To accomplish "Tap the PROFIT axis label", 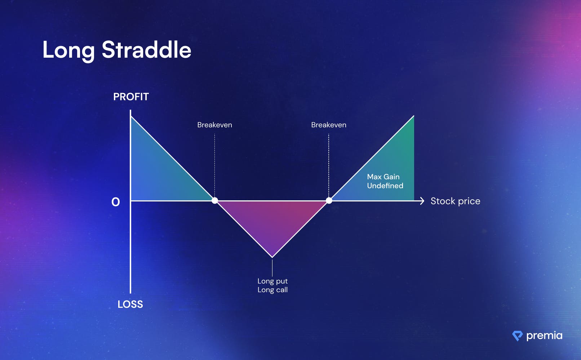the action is (131, 97).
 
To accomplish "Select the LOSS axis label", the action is (130, 304).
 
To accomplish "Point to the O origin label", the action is (116, 202).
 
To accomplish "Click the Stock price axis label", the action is (456, 201).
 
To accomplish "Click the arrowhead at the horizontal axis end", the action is (422, 201).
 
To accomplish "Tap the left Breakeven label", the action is (215, 125).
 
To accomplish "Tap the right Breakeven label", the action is (329, 125).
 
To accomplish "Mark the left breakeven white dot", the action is (215, 200).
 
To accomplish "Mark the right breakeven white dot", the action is (329, 200).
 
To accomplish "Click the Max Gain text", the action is (383, 177).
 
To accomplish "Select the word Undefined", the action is (385, 186).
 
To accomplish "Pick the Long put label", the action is (272, 281).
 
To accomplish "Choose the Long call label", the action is (272, 290).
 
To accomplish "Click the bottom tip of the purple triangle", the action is (272, 257).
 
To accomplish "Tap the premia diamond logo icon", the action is (518, 336).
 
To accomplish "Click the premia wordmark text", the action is (545, 336).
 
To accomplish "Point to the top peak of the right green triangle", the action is (414, 116).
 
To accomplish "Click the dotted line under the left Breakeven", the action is (214, 165).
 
